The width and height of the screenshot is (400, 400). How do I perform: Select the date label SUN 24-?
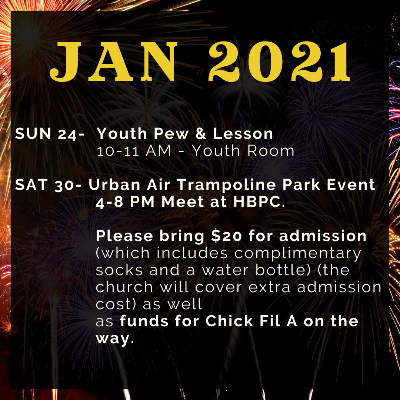click(x=50, y=134)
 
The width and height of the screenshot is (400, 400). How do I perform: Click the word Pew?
click(x=171, y=133)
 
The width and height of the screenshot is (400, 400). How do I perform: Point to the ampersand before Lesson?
click(x=201, y=133)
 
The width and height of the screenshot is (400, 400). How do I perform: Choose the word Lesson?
click(x=243, y=133)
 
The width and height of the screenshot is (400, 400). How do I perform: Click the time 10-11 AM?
click(x=134, y=150)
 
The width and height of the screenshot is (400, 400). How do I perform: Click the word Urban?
click(x=114, y=184)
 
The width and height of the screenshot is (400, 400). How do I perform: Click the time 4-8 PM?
click(x=125, y=202)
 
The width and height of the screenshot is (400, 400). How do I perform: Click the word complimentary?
click(x=298, y=254)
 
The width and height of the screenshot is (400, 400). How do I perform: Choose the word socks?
click(x=119, y=270)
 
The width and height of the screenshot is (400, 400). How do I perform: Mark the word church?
click(x=124, y=287)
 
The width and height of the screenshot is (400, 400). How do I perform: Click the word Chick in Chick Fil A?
click(x=229, y=321)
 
